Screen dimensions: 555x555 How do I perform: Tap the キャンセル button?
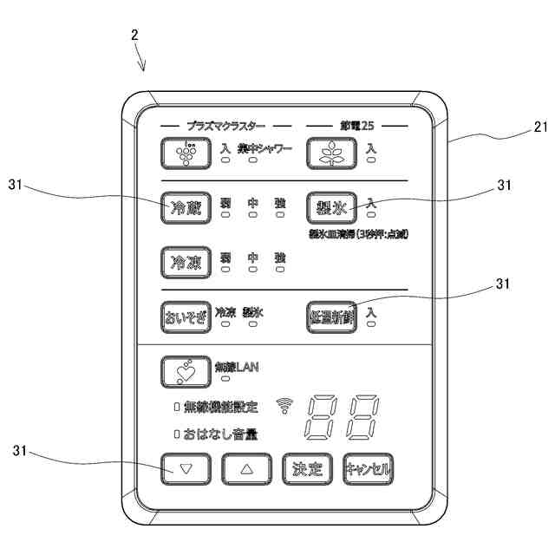[367, 469]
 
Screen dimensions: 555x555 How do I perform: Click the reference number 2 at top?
[134, 36]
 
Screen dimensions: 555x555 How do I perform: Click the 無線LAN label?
[237, 366]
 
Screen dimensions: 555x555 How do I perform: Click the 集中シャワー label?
[264, 147]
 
